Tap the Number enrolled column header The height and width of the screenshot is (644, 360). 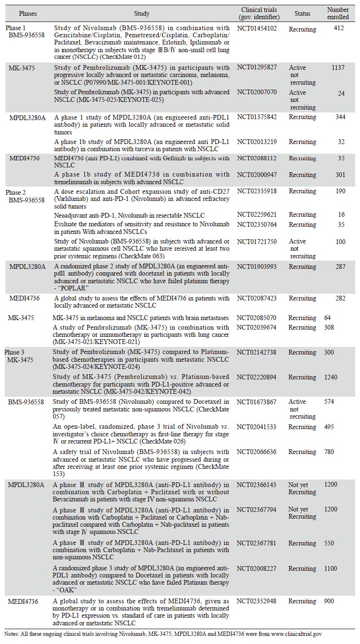tap(338, 13)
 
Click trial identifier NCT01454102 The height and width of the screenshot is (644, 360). tap(256, 29)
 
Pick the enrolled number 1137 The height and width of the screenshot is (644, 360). tap(338, 67)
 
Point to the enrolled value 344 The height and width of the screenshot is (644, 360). tap(340, 117)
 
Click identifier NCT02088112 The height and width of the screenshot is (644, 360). tap(256, 158)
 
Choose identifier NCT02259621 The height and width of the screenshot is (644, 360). tap(256, 216)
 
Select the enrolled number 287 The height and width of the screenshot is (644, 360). tap(340, 266)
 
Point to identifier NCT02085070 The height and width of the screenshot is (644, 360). tap(256, 318)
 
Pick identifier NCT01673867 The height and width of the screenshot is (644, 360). tap(256, 402)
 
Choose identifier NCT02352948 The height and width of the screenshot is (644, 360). tap(256, 601)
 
